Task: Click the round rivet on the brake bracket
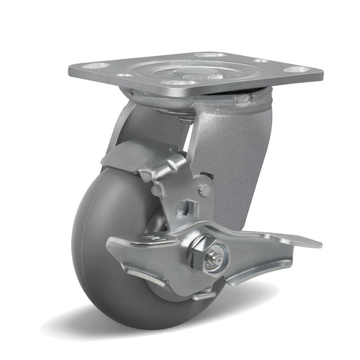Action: click(203, 191)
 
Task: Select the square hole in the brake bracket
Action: click(182, 205)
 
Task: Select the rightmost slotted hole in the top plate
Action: click(295, 69)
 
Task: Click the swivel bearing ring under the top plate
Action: click(203, 101)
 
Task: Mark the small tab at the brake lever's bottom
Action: click(203, 294)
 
